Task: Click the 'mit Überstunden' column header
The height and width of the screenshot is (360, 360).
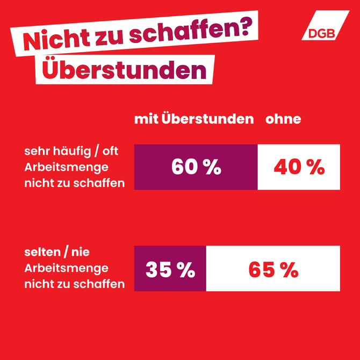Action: pyautogui.click(x=193, y=119)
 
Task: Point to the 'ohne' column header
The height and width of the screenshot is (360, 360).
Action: pyautogui.click(x=283, y=119)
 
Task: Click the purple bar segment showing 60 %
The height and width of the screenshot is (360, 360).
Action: pyautogui.click(x=196, y=167)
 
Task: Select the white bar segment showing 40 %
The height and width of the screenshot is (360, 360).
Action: pyautogui.click(x=299, y=167)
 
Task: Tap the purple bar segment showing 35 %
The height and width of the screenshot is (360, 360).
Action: pyautogui.click(x=170, y=269)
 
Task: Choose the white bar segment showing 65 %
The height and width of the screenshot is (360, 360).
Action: pyautogui.click(x=273, y=269)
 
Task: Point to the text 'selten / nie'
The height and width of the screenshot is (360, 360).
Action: pyautogui.click(x=56, y=252)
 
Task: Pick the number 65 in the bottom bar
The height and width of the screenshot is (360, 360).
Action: pyautogui.click(x=262, y=269)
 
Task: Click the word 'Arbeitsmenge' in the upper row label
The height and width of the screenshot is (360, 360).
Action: pyautogui.click(x=66, y=167)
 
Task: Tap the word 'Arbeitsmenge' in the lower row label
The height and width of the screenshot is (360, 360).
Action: pyautogui.click(x=66, y=268)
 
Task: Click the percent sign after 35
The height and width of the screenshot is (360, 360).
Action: pyautogui.click(x=185, y=269)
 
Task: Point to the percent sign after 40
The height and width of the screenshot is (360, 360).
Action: pyautogui.click(x=315, y=167)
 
